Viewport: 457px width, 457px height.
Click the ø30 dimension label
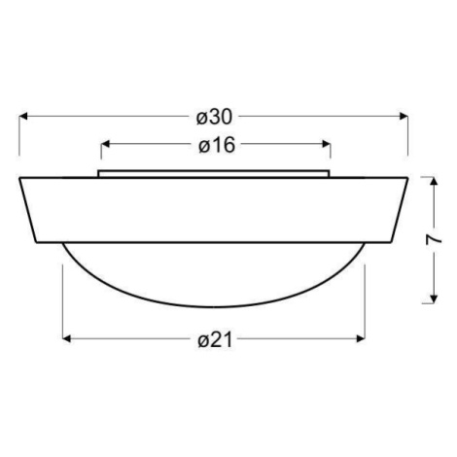coord(214,117)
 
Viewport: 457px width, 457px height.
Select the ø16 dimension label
coord(217,145)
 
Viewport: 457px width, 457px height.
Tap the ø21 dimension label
coord(215,340)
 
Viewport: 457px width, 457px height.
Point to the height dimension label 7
coord(434,240)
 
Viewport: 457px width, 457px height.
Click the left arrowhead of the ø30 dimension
coord(23,116)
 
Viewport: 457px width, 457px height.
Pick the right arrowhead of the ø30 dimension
coord(404,116)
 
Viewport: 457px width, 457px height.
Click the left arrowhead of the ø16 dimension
coord(105,144)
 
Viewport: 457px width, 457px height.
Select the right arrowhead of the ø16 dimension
coord(326,144)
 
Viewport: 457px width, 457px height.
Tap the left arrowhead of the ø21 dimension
coord(66,338)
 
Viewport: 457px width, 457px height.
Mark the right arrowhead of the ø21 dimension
coord(361,338)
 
